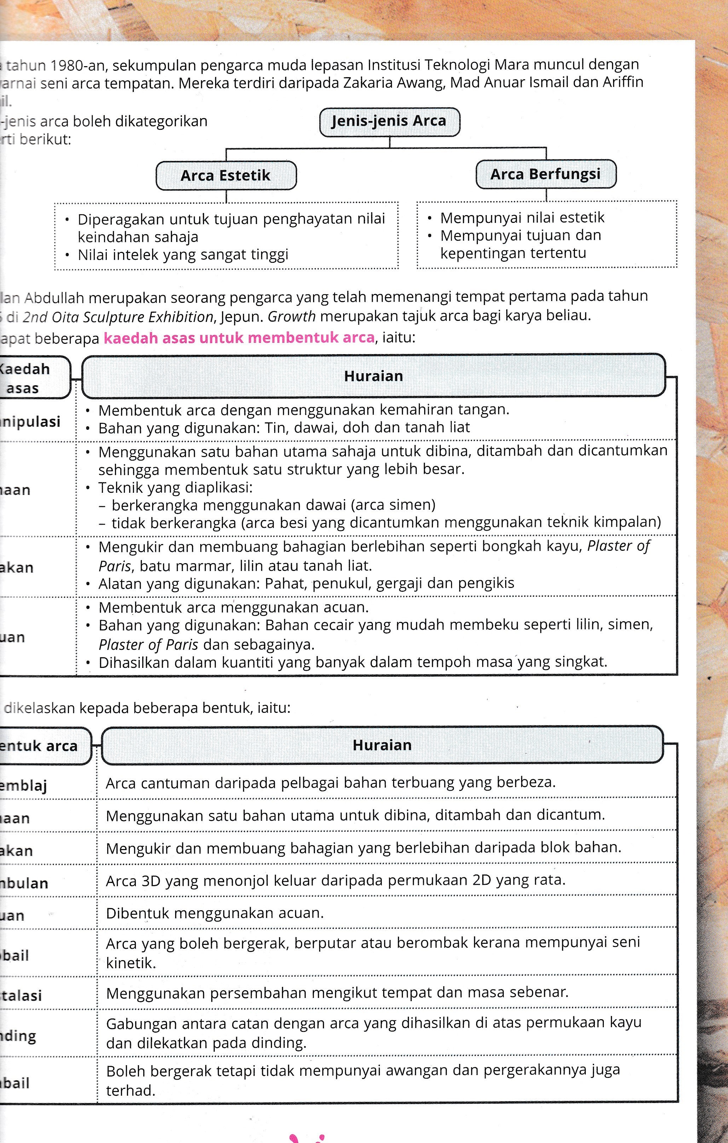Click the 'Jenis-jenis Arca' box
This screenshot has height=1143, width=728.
(x=389, y=121)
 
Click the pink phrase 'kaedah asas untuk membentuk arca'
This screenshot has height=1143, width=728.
(x=239, y=338)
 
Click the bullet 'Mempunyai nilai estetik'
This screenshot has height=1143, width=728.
(x=522, y=218)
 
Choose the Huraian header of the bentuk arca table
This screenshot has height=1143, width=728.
(x=382, y=745)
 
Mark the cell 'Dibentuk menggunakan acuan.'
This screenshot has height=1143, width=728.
(x=214, y=913)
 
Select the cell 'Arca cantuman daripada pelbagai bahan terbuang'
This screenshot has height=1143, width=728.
(x=330, y=782)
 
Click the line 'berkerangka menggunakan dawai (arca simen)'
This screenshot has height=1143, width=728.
(x=273, y=504)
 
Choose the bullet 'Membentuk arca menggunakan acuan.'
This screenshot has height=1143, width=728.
(x=233, y=607)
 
